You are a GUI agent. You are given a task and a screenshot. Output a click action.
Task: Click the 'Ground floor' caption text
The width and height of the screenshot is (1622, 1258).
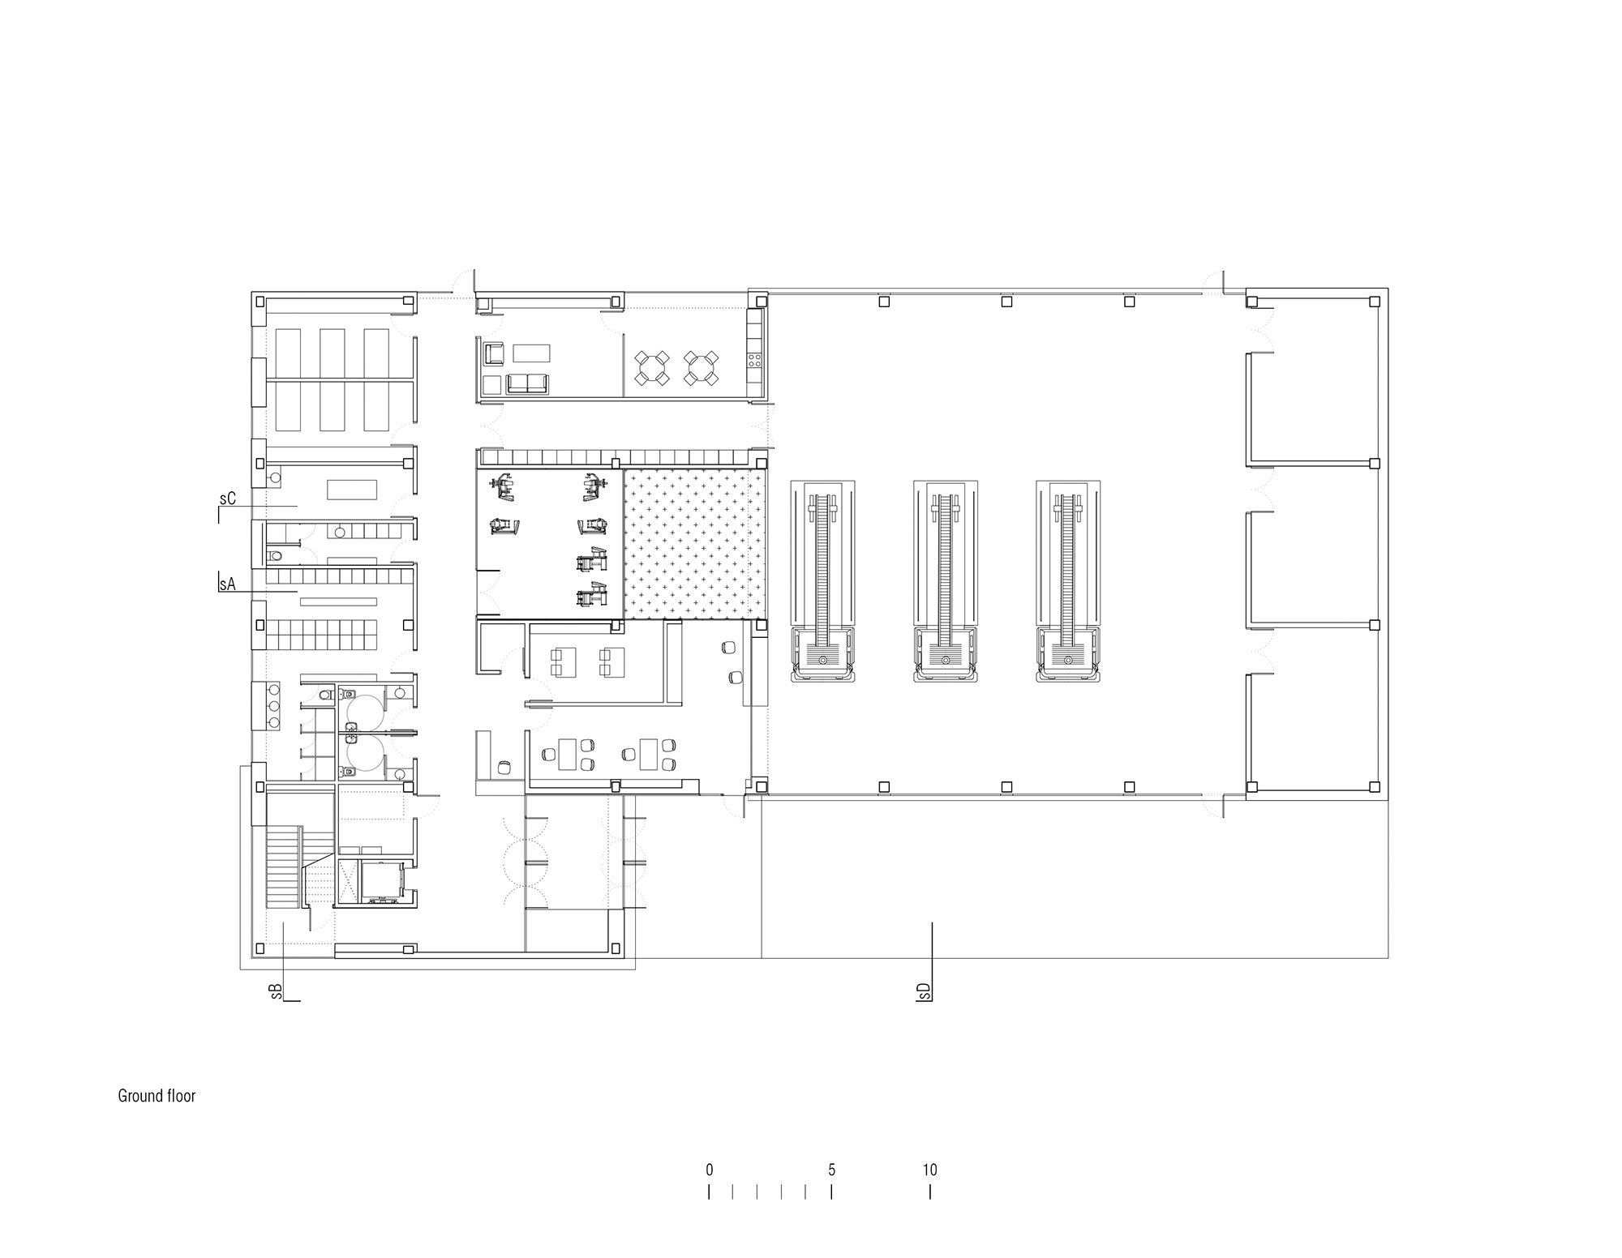coord(157,1096)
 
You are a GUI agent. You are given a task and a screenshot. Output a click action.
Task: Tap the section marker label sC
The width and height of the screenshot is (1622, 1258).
coord(227,498)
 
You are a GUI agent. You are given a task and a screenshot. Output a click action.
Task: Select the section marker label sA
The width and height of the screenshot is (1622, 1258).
coord(227,584)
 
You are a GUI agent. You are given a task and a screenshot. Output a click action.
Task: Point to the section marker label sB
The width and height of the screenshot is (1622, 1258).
coord(277,991)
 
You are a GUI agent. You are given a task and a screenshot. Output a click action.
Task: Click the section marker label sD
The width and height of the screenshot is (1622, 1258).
coord(924,991)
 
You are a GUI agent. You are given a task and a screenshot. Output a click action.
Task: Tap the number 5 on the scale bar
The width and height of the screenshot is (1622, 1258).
coord(831,1170)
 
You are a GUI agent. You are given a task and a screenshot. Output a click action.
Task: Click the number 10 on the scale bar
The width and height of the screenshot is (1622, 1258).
coord(929,1170)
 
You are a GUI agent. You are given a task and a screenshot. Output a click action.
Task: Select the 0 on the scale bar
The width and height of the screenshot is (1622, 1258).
coord(710,1170)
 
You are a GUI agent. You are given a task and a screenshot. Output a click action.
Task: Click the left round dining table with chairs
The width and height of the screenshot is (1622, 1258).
coord(652,367)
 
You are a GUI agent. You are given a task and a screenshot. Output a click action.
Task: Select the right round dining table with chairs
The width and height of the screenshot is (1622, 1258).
coord(701,367)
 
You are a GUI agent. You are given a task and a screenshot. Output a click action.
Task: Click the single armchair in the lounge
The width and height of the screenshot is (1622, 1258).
coord(494,353)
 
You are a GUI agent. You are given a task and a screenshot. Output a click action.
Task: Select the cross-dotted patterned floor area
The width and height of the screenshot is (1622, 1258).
coord(694,543)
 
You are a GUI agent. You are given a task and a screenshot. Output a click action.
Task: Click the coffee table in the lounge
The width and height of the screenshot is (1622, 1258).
coord(531,353)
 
